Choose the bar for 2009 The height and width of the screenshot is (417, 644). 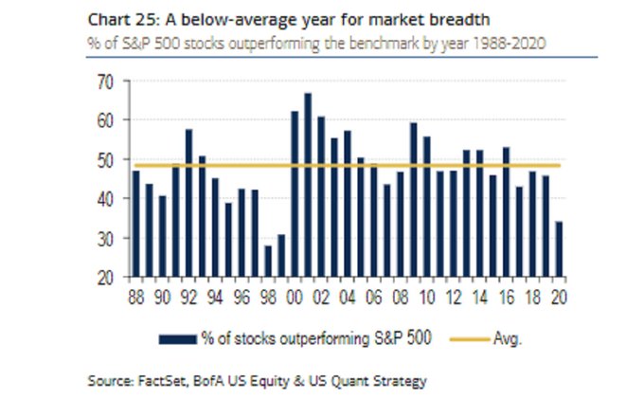pos(414,199)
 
